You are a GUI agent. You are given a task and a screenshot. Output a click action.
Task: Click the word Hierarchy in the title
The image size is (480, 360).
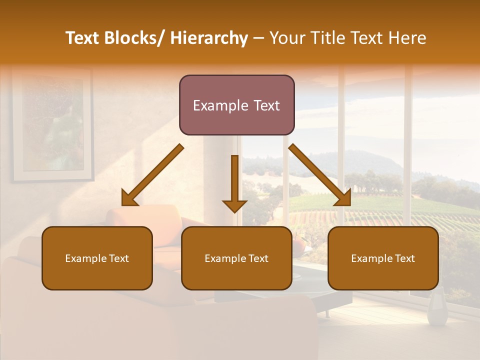tap(209, 38)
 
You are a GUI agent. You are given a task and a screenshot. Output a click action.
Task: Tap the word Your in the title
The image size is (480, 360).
tap(287, 38)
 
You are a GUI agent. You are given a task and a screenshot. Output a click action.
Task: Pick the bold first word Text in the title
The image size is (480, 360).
tap(83, 38)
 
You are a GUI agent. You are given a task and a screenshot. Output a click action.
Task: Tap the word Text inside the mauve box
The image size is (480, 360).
tap(266, 105)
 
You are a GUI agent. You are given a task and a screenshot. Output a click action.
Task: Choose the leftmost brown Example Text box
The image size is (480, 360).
tap(97, 258)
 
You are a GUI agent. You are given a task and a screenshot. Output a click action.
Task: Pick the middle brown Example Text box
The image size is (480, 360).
tap(236, 258)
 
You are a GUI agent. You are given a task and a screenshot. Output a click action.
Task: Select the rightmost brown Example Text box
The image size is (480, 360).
tap(383, 258)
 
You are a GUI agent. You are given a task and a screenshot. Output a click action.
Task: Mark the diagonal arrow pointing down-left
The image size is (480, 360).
tap(152, 175)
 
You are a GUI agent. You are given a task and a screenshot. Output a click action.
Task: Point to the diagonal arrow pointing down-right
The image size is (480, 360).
tap(320, 175)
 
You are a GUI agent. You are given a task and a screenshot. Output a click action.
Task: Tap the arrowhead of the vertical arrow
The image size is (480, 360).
tap(234, 205)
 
